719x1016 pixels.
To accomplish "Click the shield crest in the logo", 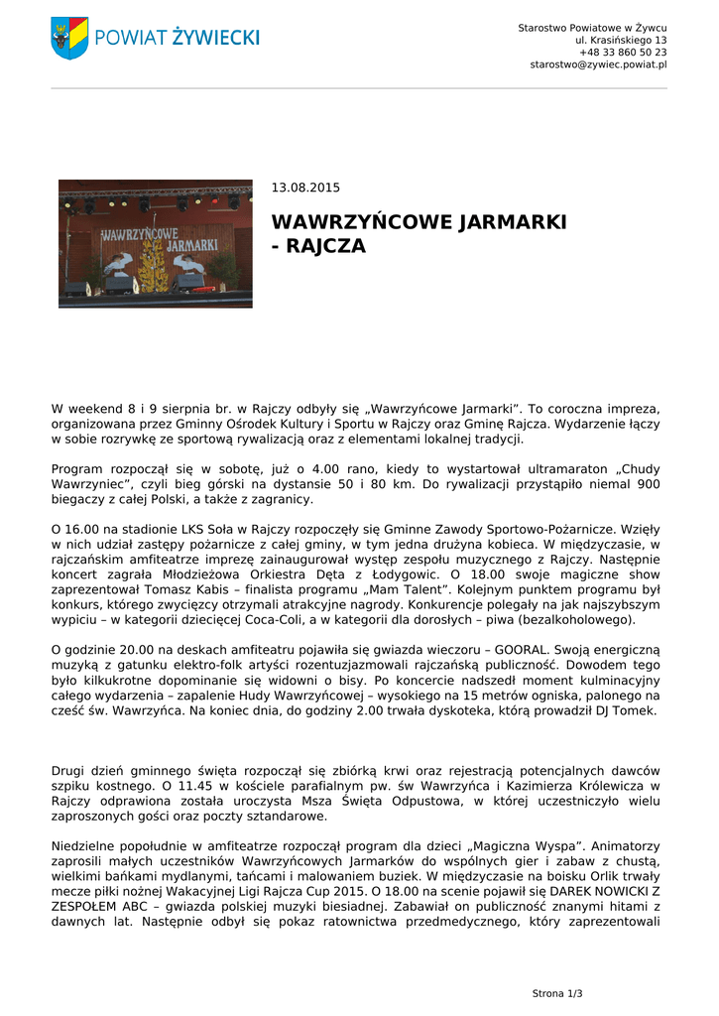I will click(x=69, y=38).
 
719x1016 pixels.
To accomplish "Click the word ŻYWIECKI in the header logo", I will click(x=215, y=38).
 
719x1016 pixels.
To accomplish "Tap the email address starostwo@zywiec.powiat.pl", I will click(x=598, y=64).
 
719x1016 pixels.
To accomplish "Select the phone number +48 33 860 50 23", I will click(x=623, y=52).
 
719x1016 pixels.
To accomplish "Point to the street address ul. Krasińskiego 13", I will click(x=621, y=40).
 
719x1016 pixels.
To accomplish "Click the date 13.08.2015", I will click(x=305, y=187).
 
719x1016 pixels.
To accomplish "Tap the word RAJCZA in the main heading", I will click(x=327, y=246).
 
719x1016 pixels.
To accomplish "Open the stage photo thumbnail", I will click(x=156, y=244).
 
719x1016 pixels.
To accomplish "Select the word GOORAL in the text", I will click(x=519, y=649).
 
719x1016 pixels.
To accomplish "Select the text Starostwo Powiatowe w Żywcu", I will click(x=592, y=27).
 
